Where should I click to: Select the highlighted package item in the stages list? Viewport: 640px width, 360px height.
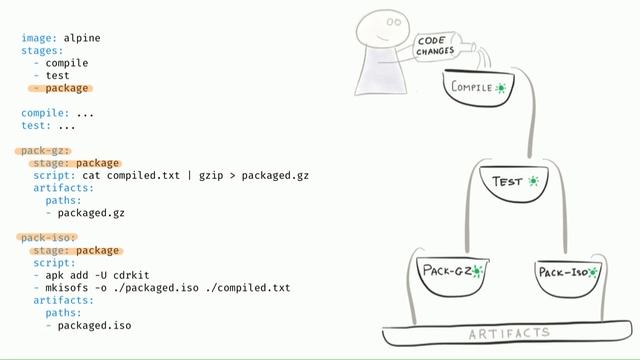[66, 88]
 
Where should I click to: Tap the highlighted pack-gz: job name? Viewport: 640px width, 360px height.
[44, 151]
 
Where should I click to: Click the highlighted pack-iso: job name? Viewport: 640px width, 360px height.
[47, 238]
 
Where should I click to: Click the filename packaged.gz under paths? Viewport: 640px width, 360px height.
[91, 213]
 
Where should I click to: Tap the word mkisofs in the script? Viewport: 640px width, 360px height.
[69, 288]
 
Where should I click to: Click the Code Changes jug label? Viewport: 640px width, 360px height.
[436, 45]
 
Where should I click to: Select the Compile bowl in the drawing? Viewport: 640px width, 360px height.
[479, 90]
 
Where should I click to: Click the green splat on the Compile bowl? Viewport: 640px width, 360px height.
[501, 88]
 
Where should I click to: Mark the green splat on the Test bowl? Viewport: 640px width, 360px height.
[534, 181]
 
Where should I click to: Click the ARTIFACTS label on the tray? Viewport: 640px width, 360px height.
[509, 332]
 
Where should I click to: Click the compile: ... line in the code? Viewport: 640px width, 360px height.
[57, 113]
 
